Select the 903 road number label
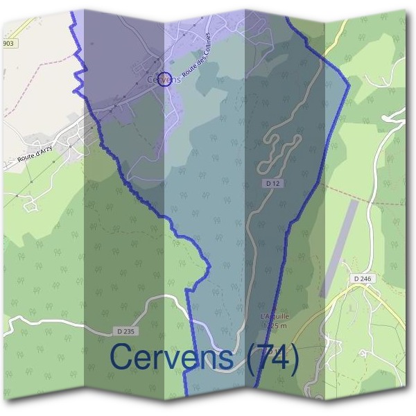[x=8, y=43]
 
